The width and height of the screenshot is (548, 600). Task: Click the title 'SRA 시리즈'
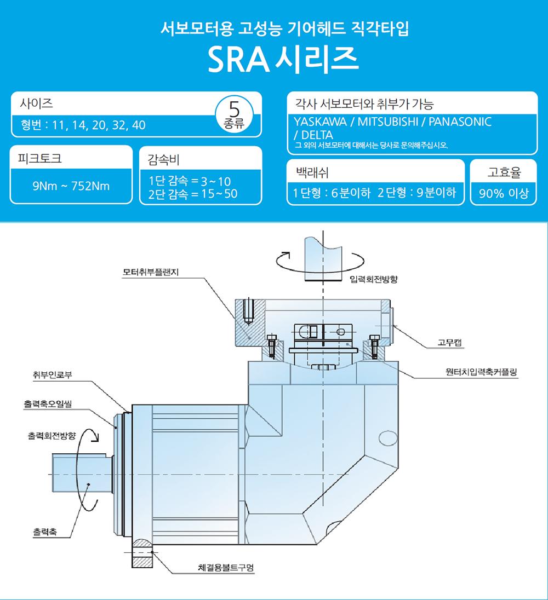[x=283, y=60]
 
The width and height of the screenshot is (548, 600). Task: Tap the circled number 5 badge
[x=234, y=114]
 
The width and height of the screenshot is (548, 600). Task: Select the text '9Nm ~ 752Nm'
[x=71, y=186]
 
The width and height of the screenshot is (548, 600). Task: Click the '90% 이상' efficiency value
[x=504, y=193]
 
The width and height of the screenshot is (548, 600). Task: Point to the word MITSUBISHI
[x=388, y=122]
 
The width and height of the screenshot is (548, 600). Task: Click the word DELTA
[x=317, y=135]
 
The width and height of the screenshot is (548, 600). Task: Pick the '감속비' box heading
[x=163, y=159]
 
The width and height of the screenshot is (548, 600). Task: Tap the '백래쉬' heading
[x=312, y=172]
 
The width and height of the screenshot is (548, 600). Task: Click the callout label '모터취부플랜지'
[x=151, y=272]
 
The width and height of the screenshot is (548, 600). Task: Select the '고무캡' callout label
[x=450, y=342]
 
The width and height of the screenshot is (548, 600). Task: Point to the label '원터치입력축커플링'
[x=481, y=372]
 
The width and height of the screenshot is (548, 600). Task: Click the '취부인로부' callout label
[x=53, y=374]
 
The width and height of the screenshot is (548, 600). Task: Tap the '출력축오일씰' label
[x=48, y=403]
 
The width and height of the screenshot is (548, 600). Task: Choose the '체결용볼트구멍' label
[x=226, y=568]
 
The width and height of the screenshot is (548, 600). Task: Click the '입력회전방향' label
[x=374, y=279]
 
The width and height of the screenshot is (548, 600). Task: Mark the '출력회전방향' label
[x=52, y=436]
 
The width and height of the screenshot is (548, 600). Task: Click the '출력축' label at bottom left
[x=45, y=532]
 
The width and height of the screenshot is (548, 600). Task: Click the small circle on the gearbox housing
[x=388, y=438]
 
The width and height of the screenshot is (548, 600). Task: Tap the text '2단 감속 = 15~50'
[x=193, y=194]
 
